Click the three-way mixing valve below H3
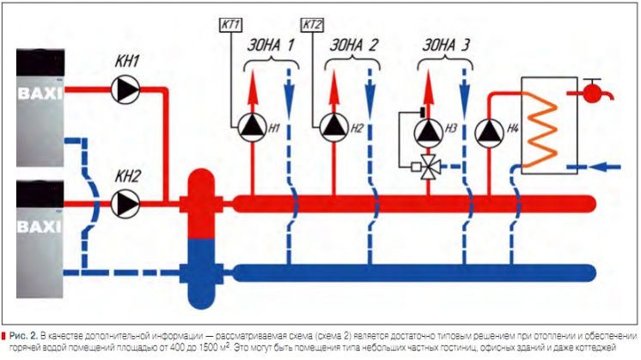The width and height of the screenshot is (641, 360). [427, 168]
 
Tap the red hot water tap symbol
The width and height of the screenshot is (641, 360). [593, 89]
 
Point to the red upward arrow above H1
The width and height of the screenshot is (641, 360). [253, 86]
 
